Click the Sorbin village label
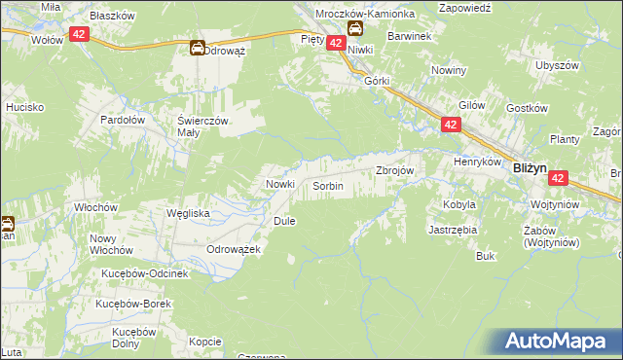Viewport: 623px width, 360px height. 327,185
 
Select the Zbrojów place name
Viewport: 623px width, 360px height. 395,170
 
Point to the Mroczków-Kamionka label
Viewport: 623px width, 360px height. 365,15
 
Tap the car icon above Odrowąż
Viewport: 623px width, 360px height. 197,47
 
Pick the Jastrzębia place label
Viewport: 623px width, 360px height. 453,231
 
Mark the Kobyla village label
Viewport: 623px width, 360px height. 459,205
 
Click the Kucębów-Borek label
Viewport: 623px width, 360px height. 133,304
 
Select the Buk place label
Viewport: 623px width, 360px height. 486,256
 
